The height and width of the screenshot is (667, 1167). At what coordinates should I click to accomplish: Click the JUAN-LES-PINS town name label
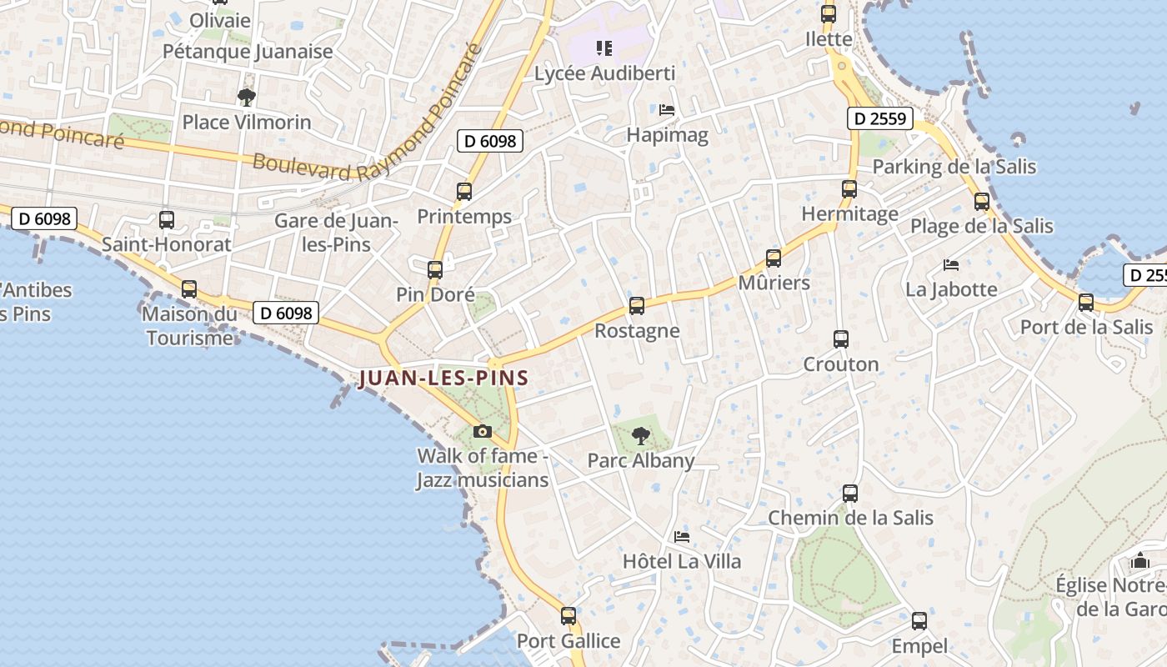click(x=443, y=378)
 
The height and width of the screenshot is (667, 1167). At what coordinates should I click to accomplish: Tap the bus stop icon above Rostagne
click(x=637, y=306)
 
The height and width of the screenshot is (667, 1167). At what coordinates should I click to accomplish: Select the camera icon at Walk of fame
click(x=482, y=431)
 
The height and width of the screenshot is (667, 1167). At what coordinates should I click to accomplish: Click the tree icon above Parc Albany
click(x=641, y=435)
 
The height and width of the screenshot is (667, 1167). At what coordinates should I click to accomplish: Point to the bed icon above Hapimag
click(x=667, y=110)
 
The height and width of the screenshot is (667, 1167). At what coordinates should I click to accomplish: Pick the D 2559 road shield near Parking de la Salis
click(x=880, y=118)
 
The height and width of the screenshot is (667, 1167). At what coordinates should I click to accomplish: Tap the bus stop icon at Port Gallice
click(x=568, y=616)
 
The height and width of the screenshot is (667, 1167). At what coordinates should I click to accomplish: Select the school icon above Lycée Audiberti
click(x=604, y=48)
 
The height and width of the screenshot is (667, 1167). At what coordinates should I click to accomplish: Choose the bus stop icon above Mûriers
click(x=774, y=258)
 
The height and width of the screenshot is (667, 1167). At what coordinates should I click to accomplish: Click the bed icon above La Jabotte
click(x=951, y=265)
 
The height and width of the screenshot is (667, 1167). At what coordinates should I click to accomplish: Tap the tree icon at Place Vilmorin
click(x=246, y=98)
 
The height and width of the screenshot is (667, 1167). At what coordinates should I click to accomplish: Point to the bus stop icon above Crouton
click(x=841, y=339)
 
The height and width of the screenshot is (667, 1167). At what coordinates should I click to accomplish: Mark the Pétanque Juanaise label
click(x=248, y=51)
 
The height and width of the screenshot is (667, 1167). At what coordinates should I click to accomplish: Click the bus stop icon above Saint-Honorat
click(x=167, y=220)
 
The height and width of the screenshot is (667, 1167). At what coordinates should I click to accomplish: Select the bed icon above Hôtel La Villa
click(x=682, y=537)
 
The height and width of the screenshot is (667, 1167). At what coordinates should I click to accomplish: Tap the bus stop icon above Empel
click(x=919, y=621)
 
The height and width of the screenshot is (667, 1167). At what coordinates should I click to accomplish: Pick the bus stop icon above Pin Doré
click(x=435, y=270)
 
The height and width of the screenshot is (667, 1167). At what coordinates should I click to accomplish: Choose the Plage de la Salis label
click(x=981, y=226)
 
